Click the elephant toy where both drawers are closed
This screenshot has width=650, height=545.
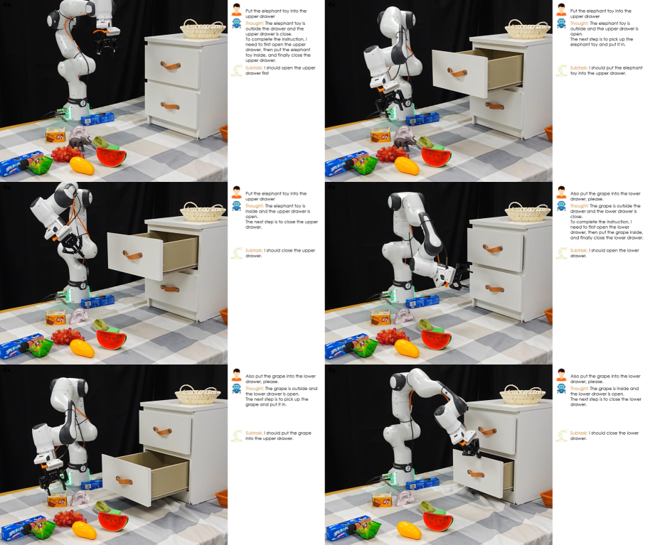point(80,143)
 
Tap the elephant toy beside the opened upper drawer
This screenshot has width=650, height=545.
point(405,143)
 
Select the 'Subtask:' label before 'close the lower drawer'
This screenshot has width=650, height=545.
point(578,433)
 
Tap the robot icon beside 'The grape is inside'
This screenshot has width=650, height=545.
point(561,389)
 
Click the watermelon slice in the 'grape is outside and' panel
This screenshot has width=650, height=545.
point(113,521)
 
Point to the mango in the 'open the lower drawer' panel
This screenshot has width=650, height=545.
point(407,348)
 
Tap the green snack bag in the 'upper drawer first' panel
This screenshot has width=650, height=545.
point(41,165)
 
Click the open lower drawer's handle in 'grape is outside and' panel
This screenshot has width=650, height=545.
point(124,481)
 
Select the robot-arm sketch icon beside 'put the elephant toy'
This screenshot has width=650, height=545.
point(562,70)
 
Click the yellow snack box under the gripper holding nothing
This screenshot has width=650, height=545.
point(57,500)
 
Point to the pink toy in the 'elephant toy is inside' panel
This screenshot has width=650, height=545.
point(79,316)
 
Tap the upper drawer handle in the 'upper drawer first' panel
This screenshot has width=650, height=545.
point(171,65)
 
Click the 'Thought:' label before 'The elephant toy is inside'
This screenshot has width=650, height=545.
point(254,206)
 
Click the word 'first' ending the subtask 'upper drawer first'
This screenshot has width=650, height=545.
point(265,73)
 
